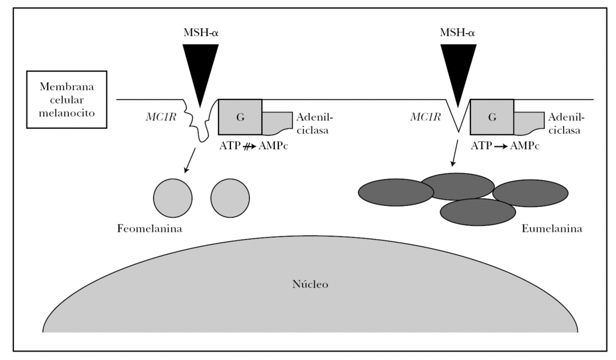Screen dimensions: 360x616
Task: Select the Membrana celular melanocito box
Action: [x=67, y=100]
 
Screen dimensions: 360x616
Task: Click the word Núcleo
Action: [x=310, y=284]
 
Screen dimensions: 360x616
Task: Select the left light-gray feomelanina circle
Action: [x=173, y=197]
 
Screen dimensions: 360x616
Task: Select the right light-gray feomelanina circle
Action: [x=230, y=197]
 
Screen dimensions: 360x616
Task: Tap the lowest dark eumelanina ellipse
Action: [x=478, y=212]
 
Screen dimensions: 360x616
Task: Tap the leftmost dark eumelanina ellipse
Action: [x=396, y=193]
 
